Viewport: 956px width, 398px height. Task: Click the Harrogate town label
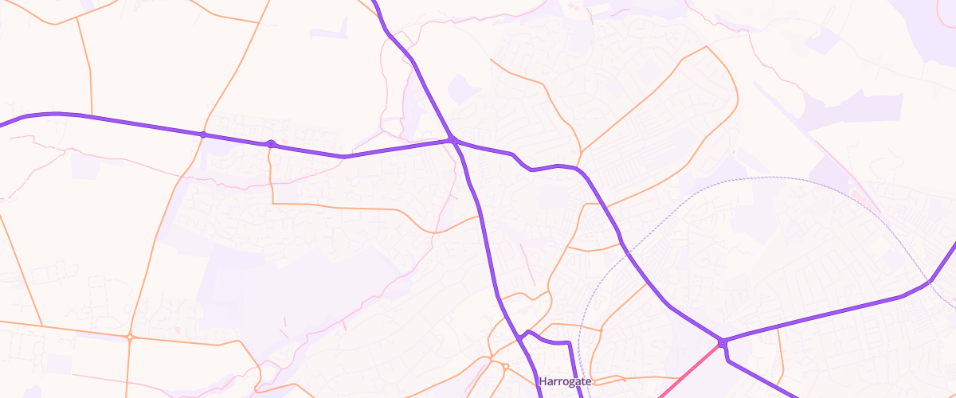(x=565, y=382)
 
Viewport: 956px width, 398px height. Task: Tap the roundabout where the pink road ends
(x=722, y=343)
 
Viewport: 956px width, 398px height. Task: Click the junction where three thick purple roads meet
(x=452, y=141)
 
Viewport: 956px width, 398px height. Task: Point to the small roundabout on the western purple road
(x=271, y=144)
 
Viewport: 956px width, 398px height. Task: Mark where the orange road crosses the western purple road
(x=203, y=135)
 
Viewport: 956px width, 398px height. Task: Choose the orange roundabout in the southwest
(x=129, y=337)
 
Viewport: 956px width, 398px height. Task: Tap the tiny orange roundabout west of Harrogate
(x=505, y=366)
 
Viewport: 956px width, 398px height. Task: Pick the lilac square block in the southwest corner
(x=58, y=364)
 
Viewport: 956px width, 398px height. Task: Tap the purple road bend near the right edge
(x=929, y=281)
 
